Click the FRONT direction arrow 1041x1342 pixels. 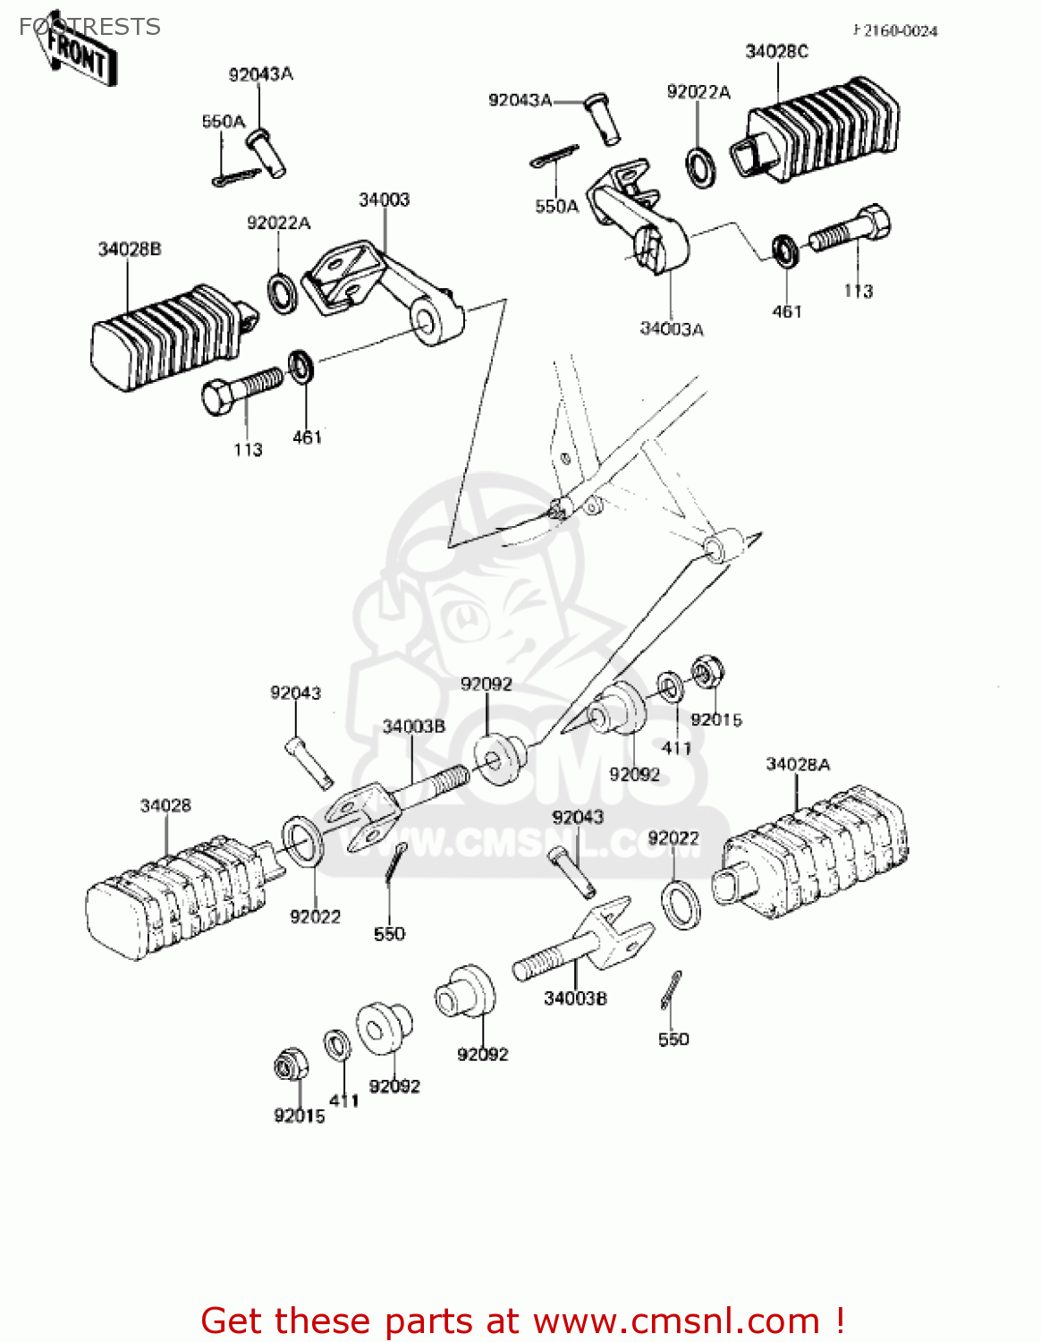[76, 54]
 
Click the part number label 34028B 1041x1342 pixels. [130, 249]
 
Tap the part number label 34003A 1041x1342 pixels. [671, 329]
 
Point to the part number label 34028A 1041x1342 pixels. [798, 764]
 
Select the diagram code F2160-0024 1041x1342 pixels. [895, 31]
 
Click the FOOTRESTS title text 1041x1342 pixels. [89, 27]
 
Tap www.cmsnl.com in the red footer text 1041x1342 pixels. [676, 1321]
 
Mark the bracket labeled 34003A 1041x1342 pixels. [639, 219]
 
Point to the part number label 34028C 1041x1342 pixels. [776, 52]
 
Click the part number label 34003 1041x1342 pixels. [384, 200]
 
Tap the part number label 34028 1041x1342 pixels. [165, 805]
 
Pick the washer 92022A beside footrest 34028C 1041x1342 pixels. [700, 167]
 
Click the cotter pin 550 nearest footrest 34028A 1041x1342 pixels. [673, 990]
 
